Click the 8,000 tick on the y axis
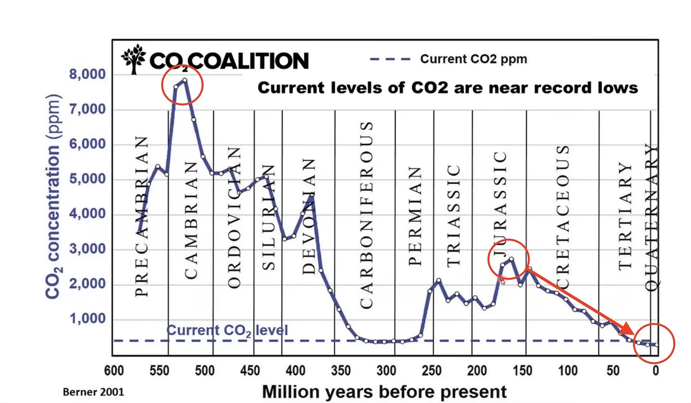point(87,75)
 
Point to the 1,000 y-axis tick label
point(87,319)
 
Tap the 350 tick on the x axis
point(341,371)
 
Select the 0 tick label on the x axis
point(656,371)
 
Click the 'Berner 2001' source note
point(93,391)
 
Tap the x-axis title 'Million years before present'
point(384,391)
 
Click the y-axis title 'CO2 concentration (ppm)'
point(54,196)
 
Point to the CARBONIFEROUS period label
point(366,215)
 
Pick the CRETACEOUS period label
point(563,217)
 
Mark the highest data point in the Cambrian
point(185,80)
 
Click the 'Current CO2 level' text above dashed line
point(227,330)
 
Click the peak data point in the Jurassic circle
point(511,259)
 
